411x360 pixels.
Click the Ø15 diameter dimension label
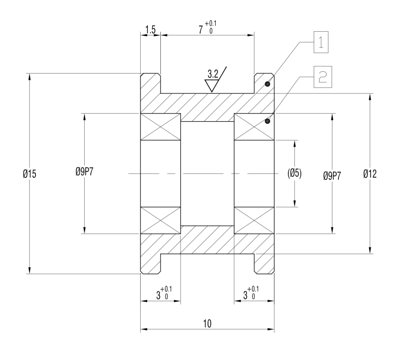point(29,174)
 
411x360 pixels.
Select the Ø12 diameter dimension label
point(370,174)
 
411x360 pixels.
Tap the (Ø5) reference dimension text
point(294,173)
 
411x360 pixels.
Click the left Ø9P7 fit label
point(84,172)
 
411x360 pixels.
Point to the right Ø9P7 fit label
point(332,176)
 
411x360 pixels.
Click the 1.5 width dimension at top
point(150,30)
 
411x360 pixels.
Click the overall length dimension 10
point(207,323)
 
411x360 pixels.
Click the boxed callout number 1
point(321,42)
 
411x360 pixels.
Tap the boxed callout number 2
point(323,77)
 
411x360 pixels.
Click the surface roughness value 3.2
point(213,74)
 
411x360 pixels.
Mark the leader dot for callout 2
point(268,121)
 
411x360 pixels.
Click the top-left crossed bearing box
point(160,127)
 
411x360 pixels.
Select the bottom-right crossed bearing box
point(254,220)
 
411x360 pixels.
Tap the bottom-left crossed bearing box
point(160,220)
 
